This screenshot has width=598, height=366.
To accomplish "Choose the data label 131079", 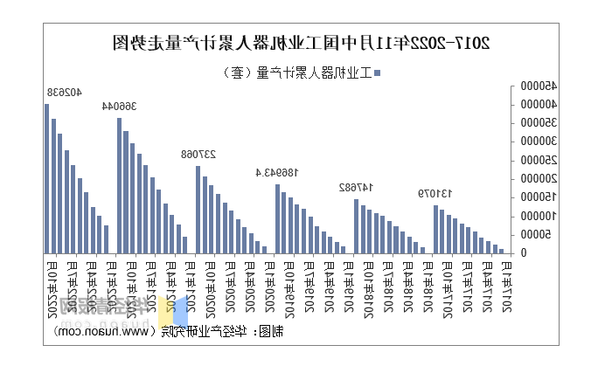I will coord(435,193).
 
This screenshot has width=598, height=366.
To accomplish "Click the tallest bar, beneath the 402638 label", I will coord(47,178).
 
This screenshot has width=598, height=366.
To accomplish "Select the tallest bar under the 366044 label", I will coord(120,185).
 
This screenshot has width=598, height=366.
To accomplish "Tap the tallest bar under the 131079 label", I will coord(435,229).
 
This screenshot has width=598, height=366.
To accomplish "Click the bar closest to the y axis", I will coord(502,251).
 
